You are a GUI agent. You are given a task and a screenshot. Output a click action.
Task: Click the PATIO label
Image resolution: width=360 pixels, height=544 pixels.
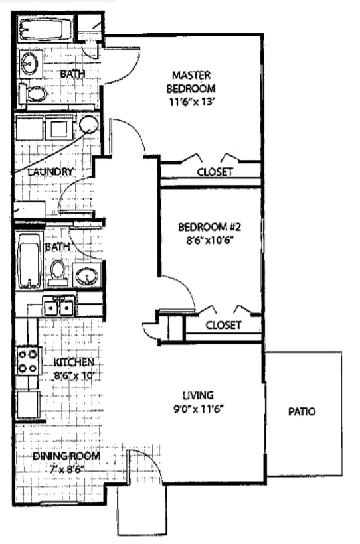pos(302,412)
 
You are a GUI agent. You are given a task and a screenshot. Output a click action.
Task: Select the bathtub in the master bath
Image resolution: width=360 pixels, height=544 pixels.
pos(44,31)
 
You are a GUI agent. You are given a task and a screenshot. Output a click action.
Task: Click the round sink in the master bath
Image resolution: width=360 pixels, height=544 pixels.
pos(29,63)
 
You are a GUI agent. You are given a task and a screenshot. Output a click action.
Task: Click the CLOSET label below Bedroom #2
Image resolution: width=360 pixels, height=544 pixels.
pos(223,326)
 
